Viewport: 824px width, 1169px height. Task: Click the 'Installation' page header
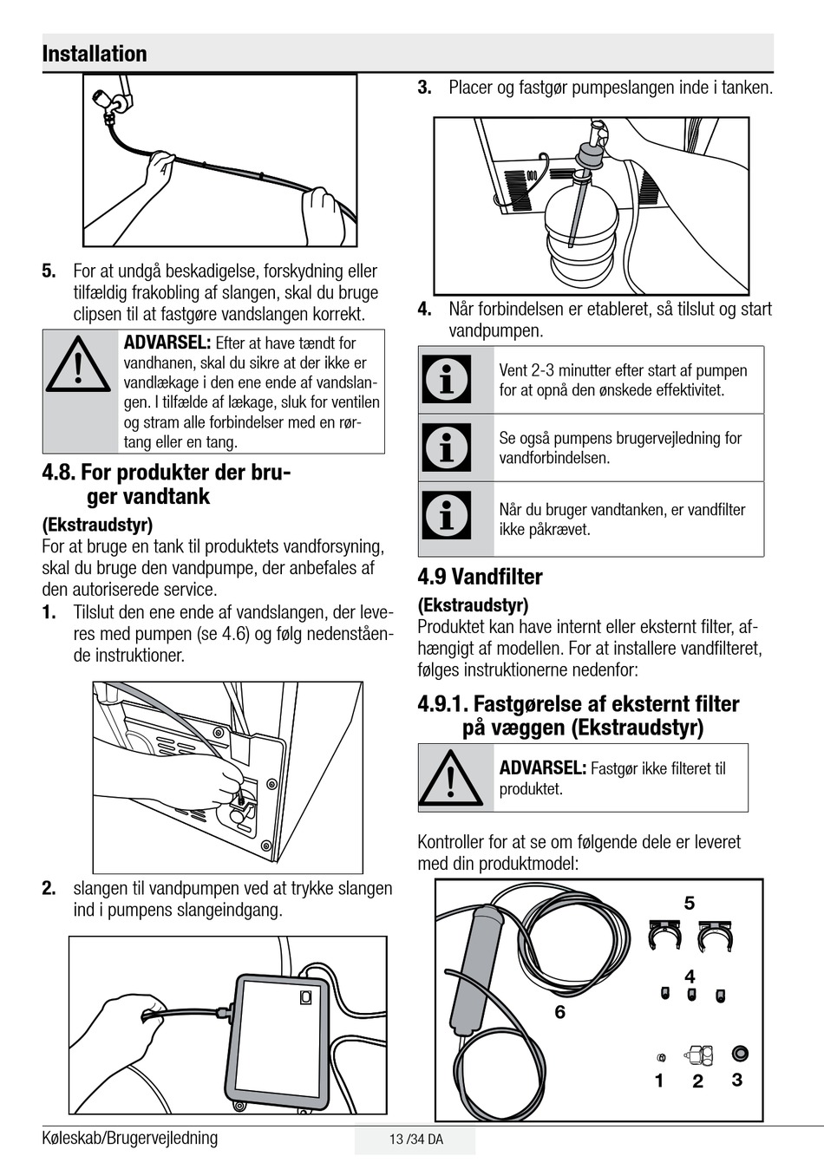tap(95, 54)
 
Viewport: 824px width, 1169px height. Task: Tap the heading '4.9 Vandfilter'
tap(480, 577)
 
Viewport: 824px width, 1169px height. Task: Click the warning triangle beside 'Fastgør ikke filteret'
tap(450, 778)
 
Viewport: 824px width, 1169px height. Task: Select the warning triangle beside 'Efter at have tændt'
tap(78, 364)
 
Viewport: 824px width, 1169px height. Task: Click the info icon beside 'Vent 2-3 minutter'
tap(447, 379)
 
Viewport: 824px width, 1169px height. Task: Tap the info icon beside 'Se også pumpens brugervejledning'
tap(447, 447)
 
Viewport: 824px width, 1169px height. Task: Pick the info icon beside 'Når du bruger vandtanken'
tap(447, 514)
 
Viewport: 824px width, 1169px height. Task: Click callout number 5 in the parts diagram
tap(690, 903)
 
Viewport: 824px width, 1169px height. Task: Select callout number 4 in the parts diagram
tap(690, 976)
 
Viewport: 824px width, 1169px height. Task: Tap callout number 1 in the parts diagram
tap(659, 1081)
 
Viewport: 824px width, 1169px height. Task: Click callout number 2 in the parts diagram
tap(697, 1081)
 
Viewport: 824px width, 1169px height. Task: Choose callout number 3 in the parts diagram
tap(737, 1079)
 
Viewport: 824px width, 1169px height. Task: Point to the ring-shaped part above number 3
tap(740, 1053)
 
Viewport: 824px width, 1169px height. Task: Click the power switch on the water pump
tap(306, 997)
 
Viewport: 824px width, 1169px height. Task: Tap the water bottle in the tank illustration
tap(581, 232)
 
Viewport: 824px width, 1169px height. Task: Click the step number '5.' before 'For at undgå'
tap(49, 271)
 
